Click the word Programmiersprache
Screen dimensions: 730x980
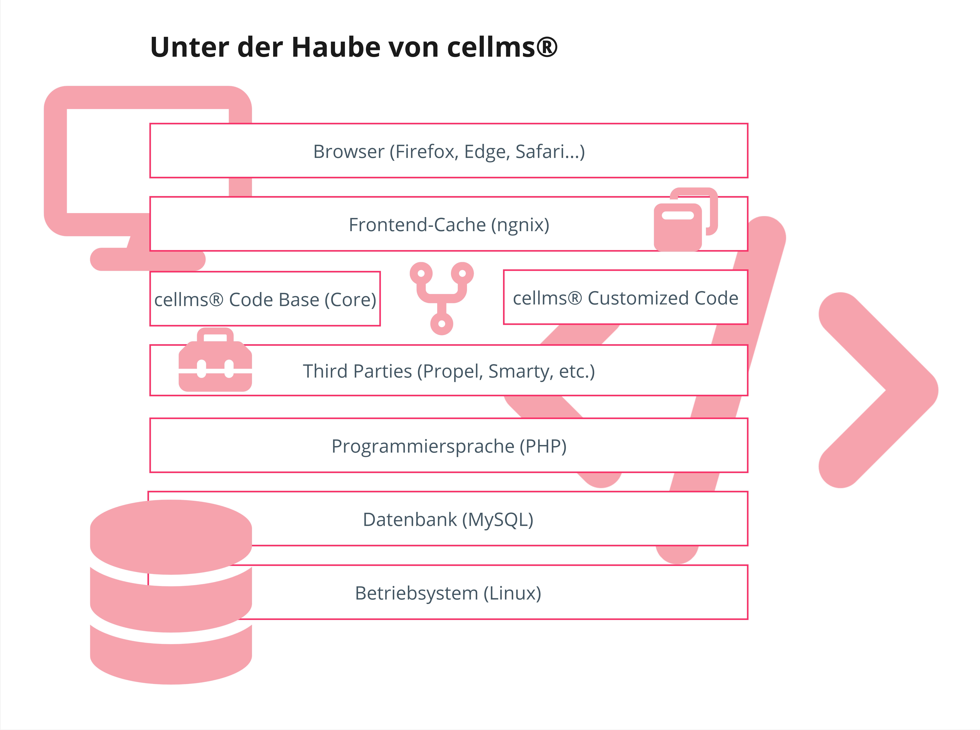pyautogui.click(x=423, y=446)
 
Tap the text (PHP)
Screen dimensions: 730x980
pyautogui.click(x=543, y=446)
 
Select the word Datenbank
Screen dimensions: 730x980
pyautogui.click(x=409, y=520)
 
